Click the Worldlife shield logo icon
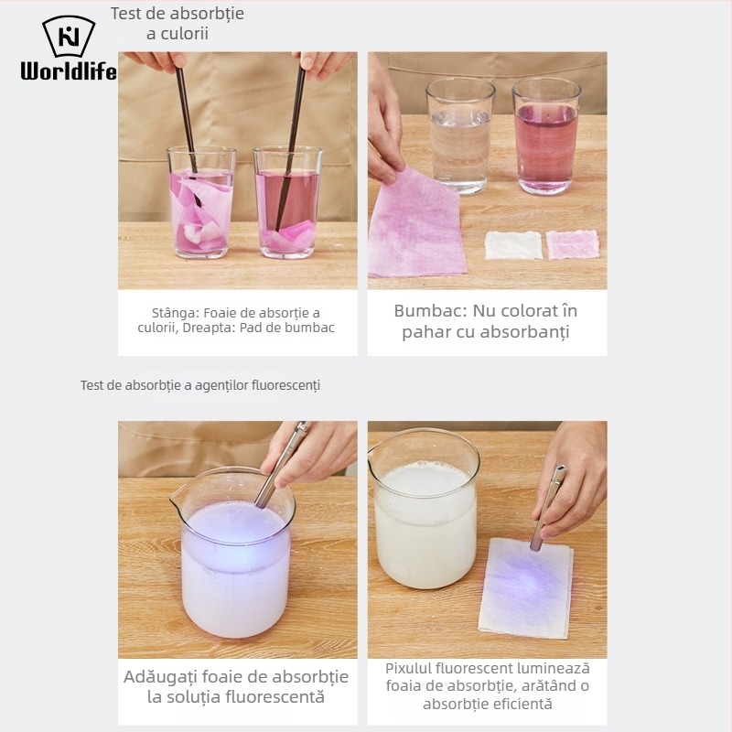pyautogui.click(x=70, y=36)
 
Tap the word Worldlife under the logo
pyautogui.click(x=69, y=71)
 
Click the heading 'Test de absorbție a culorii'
pyautogui.click(x=178, y=24)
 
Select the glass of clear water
pyautogui.click(x=460, y=135)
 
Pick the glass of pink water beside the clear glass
pyautogui.click(x=546, y=135)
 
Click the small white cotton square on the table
pyautogui.click(x=513, y=245)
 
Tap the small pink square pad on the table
pyautogui.click(x=573, y=244)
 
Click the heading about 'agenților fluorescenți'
pyautogui.click(x=200, y=385)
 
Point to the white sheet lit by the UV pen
pyautogui.click(x=525, y=588)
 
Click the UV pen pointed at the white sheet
pyautogui.click(x=547, y=508)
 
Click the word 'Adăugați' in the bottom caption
pyautogui.click(x=159, y=677)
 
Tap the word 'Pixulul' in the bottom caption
pyautogui.click(x=408, y=669)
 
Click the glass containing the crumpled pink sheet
pyautogui.click(x=201, y=202)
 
